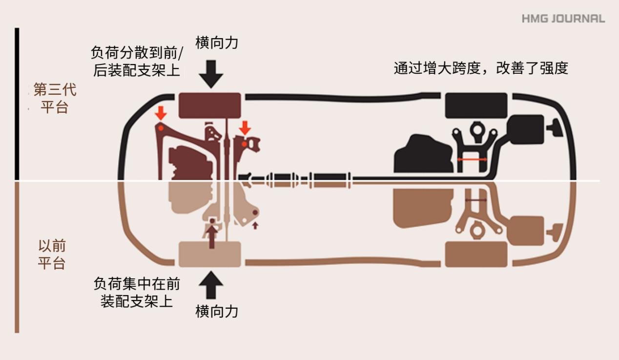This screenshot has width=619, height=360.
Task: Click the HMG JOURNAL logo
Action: click(563, 19)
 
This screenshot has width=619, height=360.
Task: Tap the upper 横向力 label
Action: click(217, 43)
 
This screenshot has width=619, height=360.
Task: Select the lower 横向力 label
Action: click(217, 311)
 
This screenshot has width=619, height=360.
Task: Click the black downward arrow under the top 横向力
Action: click(211, 74)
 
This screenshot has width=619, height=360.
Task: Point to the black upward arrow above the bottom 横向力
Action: click(211, 285)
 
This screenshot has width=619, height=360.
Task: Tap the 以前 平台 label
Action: click(52, 254)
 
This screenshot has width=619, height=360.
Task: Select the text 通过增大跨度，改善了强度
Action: click(481, 68)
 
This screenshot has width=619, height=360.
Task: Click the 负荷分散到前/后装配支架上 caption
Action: click(136, 62)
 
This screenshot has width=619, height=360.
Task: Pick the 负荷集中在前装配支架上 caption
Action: click(137, 292)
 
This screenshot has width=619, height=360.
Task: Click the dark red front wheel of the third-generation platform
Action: click(209, 105)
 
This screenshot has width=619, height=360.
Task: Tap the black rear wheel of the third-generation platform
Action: click(476, 105)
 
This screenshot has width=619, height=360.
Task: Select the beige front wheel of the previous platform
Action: click(209, 254)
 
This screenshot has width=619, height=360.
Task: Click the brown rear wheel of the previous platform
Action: click(476, 254)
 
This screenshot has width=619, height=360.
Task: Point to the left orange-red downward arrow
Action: click(161, 113)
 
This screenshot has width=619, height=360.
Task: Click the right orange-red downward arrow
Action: click(245, 128)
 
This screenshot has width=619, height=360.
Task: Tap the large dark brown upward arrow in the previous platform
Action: click(212, 234)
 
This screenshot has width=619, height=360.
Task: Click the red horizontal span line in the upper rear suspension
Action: click(472, 160)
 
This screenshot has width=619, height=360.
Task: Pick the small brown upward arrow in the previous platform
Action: click(254, 225)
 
